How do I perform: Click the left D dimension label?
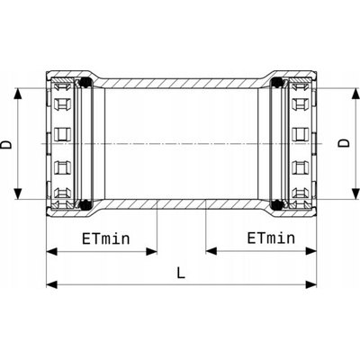point(6,144)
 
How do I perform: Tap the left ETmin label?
point(106,239)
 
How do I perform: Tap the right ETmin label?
point(271,238)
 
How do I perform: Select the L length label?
point(181,273)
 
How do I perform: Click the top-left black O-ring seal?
point(86,82)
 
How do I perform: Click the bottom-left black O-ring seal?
point(86,204)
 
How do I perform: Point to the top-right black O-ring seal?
point(276,82)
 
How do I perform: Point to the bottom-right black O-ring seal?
point(276,204)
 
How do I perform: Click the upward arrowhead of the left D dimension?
point(18,94)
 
